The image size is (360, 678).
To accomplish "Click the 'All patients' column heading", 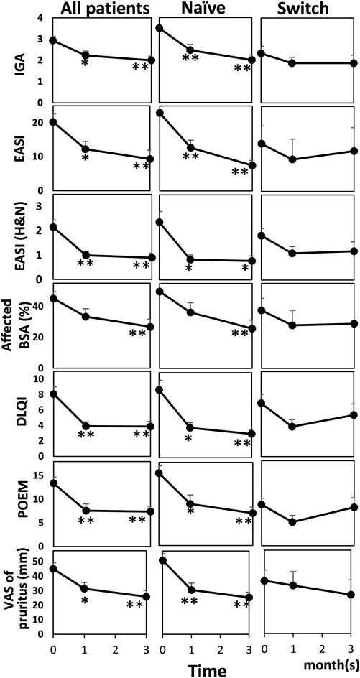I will (104, 9).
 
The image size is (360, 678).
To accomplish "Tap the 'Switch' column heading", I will (306, 9).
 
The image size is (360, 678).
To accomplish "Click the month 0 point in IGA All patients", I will (53, 40).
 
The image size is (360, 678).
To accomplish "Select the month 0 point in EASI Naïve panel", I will (160, 113).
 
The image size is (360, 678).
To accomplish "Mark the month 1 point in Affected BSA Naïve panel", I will (190, 312).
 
